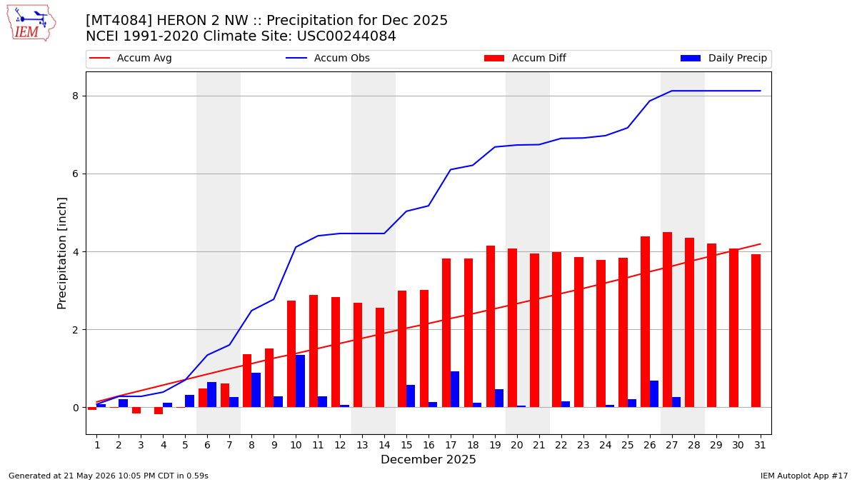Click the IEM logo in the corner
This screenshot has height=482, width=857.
[x=31, y=24]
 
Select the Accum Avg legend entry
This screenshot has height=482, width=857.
[x=131, y=58]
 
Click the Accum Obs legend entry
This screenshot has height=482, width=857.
[x=328, y=58]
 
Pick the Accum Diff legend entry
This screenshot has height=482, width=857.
[x=525, y=58]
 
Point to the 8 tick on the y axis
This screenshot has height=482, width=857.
[x=75, y=96]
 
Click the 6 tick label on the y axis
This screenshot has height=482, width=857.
[x=75, y=174]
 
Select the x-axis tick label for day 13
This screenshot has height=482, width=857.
[x=362, y=446]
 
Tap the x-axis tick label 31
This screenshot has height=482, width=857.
[x=760, y=446]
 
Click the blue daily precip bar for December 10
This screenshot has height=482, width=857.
[x=301, y=381]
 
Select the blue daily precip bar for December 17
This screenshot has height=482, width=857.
[x=455, y=389]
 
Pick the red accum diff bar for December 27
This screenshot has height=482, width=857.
[x=667, y=320]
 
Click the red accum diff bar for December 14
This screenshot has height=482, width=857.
[x=380, y=358]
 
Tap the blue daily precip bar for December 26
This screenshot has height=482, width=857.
[x=654, y=394]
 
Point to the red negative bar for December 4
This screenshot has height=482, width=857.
[x=159, y=411]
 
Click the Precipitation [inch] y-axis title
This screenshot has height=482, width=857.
[x=61, y=253]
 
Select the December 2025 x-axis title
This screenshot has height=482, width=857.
[x=428, y=459]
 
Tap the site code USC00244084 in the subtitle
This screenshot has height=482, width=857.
[x=346, y=36]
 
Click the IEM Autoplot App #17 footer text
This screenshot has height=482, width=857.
[x=804, y=476]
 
